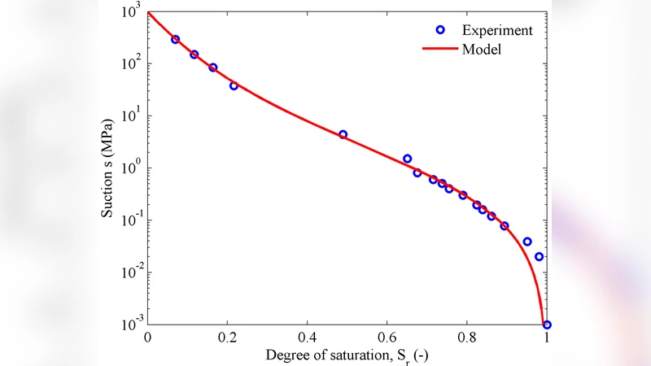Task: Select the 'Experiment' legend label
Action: [x=497, y=31]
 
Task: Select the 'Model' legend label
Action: [x=481, y=50]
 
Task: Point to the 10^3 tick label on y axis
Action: [x=131, y=10]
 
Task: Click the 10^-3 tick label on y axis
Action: [x=129, y=324]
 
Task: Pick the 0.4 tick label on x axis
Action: [x=307, y=338]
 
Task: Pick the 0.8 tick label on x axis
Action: [x=467, y=338]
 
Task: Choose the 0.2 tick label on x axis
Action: [x=227, y=338]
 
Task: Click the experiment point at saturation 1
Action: [x=547, y=325]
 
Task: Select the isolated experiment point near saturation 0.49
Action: [x=343, y=134]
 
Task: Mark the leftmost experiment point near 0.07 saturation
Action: [x=175, y=39]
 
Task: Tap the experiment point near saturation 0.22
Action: [x=234, y=85]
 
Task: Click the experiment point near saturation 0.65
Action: [x=407, y=159]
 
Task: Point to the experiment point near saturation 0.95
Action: [x=527, y=242]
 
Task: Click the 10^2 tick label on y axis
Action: [x=131, y=63]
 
